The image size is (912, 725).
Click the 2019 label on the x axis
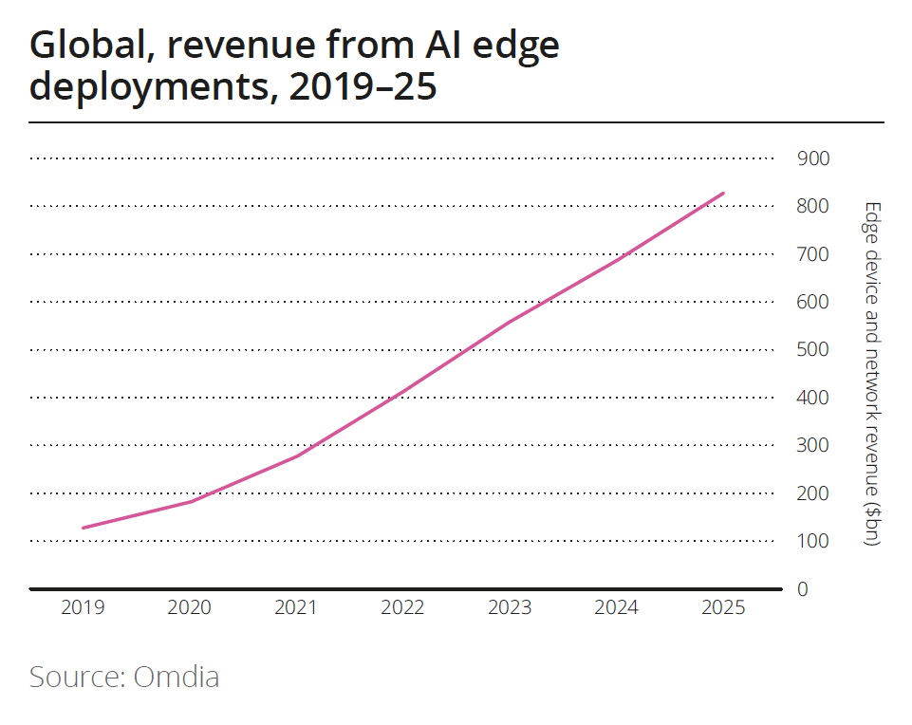pos(84,608)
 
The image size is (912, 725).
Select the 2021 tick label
pos(295,608)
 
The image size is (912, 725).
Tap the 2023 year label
pos(510,608)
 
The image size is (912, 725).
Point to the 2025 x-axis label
pos(724,608)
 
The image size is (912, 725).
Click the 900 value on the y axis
pos(813,158)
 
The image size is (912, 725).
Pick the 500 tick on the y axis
pos(813,349)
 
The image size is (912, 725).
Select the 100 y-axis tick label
pos(813,541)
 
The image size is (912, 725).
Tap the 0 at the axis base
pos(802,589)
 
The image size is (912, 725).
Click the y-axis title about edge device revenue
pos(872,374)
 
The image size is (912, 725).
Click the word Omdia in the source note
pos(177,678)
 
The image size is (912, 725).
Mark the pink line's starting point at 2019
pos(84,528)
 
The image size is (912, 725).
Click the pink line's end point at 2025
pos(724,194)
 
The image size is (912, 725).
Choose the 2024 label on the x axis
pos(617,608)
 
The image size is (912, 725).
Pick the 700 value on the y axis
pos(813,254)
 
